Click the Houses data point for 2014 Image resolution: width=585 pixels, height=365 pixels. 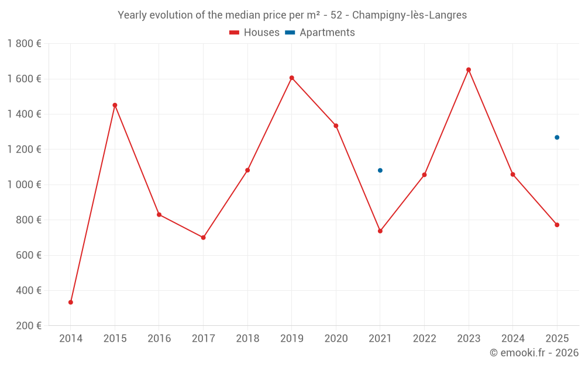[71, 302]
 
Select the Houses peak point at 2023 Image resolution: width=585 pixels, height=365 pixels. [469, 69]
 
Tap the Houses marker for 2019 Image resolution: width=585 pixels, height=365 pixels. [292, 78]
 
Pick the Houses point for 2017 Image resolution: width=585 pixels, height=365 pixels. [203, 238]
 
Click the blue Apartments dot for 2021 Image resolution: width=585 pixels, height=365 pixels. [380, 171]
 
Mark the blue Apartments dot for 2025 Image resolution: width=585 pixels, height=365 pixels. [557, 137]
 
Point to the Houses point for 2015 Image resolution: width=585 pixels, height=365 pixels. [115, 105]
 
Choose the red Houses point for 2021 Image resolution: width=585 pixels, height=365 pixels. [380, 231]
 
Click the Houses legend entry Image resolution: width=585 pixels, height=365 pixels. [254, 33]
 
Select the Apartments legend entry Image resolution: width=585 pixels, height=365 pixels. [320, 33]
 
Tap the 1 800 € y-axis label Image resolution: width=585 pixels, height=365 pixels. [24, 44]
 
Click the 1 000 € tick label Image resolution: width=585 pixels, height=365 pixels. [24, 185]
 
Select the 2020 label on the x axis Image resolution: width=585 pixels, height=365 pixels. [336, 339]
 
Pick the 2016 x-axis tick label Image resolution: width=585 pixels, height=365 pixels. [159, 339]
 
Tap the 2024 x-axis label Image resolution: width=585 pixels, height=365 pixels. [512, 339]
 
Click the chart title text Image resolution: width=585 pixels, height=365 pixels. [292, 15]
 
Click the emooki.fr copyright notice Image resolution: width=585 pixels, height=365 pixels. [534, 353]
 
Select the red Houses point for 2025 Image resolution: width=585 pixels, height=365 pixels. [557, 225]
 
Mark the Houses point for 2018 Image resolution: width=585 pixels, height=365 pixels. [247, 170]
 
